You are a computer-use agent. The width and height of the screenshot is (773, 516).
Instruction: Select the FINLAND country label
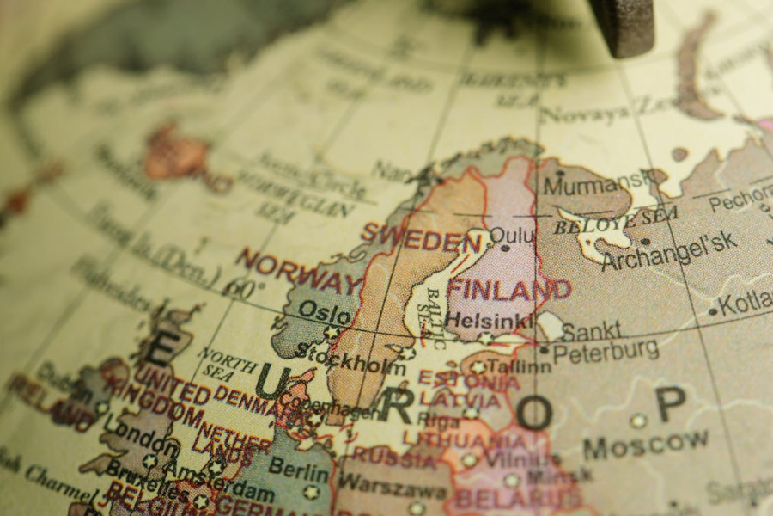click(x=508, y=289)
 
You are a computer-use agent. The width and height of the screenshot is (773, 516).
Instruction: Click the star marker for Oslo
click(x=330, y=332)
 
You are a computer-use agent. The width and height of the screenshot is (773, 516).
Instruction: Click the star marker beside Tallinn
click(x=478, y=367)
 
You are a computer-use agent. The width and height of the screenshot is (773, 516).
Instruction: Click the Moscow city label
click(x=645, y=445)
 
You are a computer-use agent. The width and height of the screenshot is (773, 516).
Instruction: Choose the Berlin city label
click(x=298, y=467)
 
